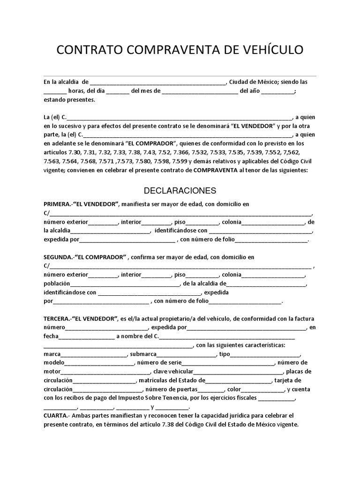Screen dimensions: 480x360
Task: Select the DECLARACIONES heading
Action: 180,191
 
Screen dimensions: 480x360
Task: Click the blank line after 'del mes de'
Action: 200,91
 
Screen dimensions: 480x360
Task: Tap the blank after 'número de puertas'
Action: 211,390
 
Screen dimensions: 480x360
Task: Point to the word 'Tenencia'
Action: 187,398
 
